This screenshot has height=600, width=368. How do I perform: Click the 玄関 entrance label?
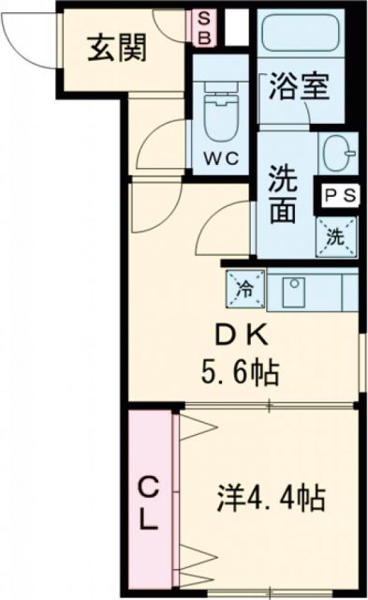tap(118, 47)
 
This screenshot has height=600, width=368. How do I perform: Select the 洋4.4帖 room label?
tap(272, 498)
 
